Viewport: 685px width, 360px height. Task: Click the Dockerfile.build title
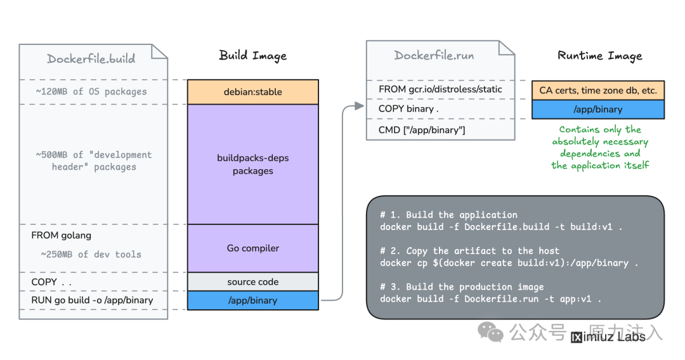[91, 58]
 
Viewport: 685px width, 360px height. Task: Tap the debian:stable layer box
[253, 92]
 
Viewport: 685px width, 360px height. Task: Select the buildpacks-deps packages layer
[253, 164]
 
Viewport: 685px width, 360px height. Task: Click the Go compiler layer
[253, 248]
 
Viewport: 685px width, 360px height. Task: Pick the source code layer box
[253, 282]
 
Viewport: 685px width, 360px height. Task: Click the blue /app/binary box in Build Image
[253, 300]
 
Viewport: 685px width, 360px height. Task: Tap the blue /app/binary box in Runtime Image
[598, 110]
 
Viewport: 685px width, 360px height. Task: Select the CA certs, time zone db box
[598, 91]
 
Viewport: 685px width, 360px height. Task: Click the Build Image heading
[253, 56]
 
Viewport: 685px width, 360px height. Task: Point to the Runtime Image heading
[600, 56]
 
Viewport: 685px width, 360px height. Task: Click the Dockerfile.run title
[434, 55]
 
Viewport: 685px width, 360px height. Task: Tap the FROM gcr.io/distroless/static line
[440, 89]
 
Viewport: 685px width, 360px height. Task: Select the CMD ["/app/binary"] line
[422, 130]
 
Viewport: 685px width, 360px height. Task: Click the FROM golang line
[61, 236]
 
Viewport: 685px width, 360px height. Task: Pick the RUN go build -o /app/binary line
[92, 300]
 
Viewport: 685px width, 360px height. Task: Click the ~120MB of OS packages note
[91, 92]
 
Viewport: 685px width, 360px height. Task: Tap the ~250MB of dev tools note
[91, 254]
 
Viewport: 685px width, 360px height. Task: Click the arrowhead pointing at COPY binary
[359, 106]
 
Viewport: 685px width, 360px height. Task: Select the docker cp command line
[509, 263]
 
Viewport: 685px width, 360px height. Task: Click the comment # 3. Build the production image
[462, 286]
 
